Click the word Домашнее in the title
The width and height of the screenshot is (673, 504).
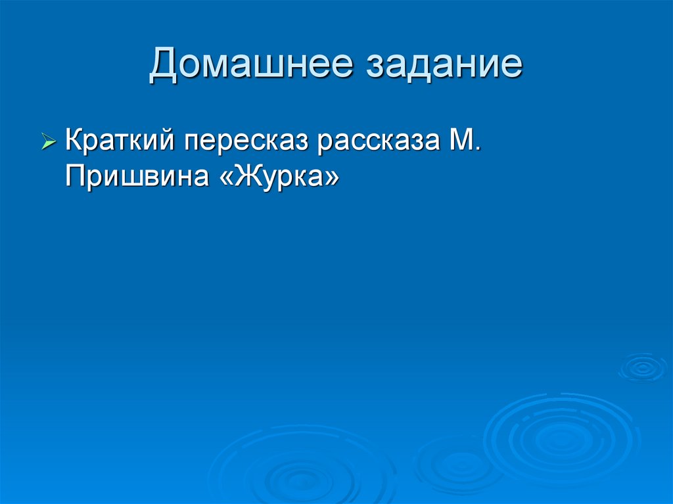(250, 66)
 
